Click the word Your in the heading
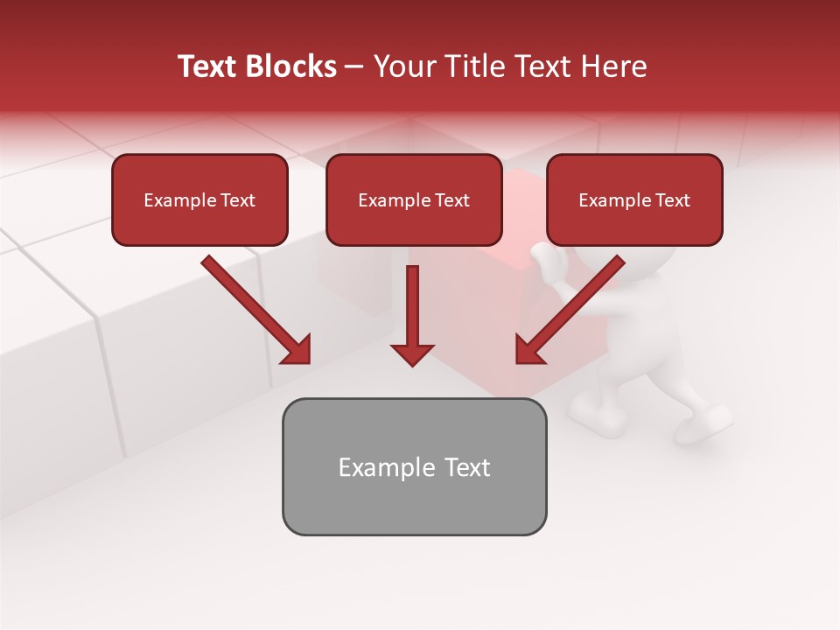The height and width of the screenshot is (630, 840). coord(402,66)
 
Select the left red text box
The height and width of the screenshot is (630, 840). coord(199,199)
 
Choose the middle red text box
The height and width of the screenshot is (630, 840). coord(414,199)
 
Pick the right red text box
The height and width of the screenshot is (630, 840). coord(634,199)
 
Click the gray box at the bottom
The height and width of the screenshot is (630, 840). coord(414,466)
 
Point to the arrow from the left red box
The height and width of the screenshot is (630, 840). coord(256,310)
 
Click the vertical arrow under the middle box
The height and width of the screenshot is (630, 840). coord(412,306)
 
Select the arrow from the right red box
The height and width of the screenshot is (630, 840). coord(570,310)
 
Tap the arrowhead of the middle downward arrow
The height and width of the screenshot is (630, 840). coord(412,354)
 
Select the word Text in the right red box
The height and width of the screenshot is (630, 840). coord(672,200)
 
